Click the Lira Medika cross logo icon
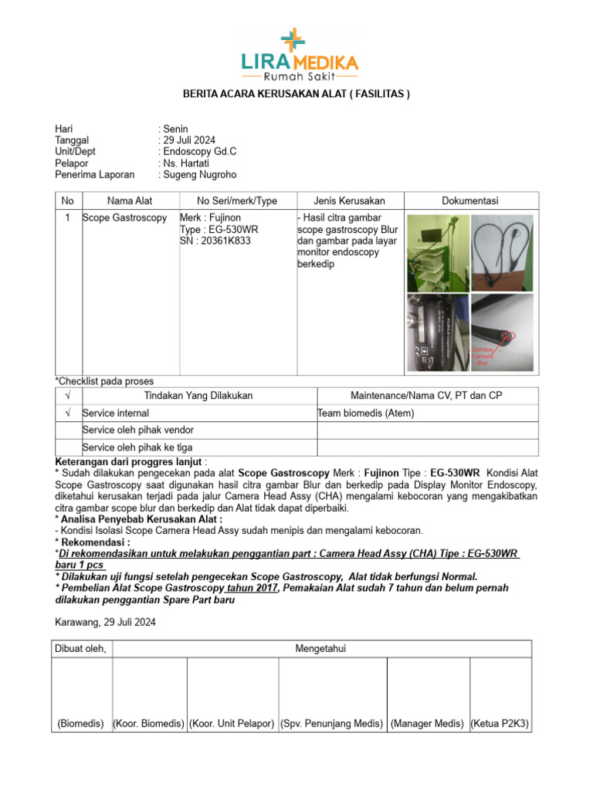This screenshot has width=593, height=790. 293,40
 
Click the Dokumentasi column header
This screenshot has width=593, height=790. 469,201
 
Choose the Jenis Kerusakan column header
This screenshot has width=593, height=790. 349,201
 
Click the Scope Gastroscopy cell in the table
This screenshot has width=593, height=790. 124,218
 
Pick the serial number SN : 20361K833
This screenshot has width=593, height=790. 215,241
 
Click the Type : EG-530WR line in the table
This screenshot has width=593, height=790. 218,230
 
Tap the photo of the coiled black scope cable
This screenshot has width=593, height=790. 502,252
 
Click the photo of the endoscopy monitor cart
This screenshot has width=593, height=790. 436,252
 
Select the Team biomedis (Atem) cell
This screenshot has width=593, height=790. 366,414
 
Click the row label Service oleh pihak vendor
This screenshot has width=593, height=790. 137,430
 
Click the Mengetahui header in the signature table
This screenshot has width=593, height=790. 320,649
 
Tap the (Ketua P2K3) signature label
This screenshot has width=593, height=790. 500,724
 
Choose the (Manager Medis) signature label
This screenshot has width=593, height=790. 427,724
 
